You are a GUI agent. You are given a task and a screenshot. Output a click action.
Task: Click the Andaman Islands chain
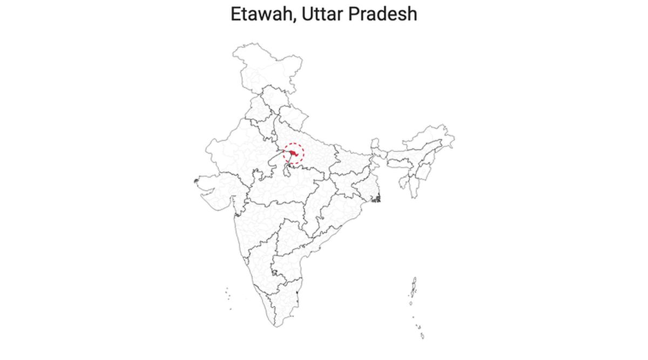[x=414, y=289]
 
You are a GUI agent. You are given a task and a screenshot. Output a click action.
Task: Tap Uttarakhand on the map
[x=294, y=116]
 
